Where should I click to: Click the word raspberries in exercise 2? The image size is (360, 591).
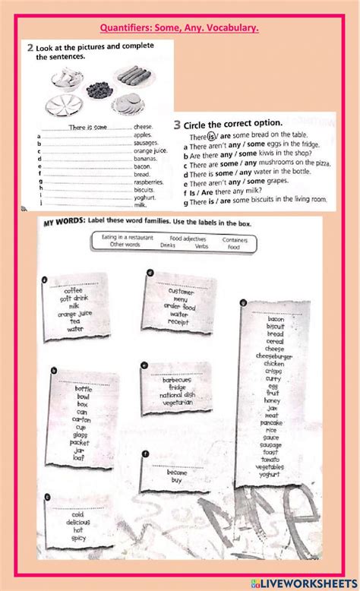pos(148,182)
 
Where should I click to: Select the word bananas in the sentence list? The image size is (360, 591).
pos(145,158)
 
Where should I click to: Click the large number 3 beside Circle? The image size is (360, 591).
pos(177,124)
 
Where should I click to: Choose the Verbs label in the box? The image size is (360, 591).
pos(201,245)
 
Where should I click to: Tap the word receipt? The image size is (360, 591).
pos(178,321)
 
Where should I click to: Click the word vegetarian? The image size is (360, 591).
pos(176,403)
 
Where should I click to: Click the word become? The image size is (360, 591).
pos(177,472)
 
